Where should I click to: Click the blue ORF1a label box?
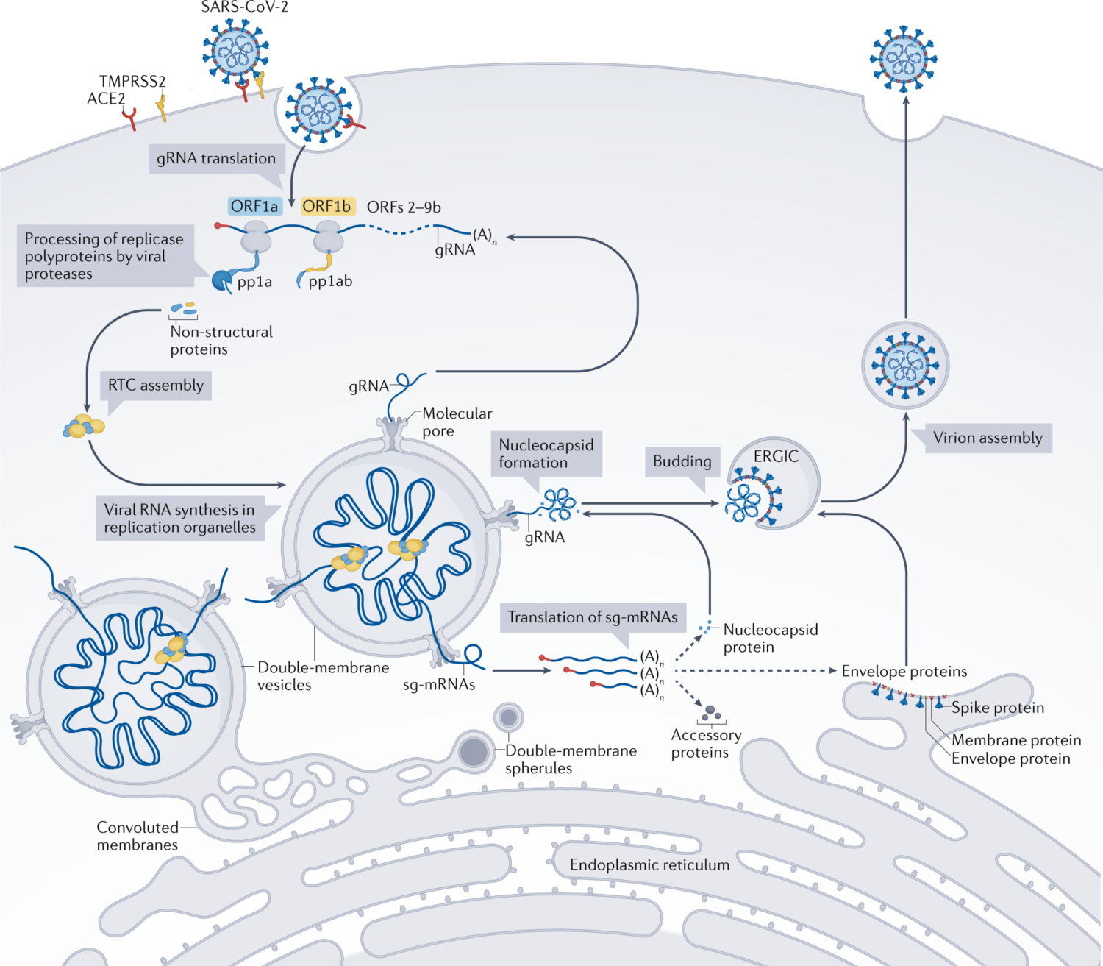254,207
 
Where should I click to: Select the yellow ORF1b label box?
327,207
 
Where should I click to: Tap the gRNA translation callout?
215,158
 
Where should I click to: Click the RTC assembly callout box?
156,385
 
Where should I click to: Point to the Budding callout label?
682,461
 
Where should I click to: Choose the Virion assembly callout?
988,438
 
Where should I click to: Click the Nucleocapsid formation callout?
546,453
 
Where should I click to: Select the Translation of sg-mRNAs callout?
593,617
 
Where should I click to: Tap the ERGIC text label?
776,456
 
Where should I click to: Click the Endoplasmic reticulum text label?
649,864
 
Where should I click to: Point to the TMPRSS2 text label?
132,81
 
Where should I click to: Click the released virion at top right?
904,58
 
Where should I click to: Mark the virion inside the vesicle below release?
905,365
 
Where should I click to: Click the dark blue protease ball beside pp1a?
221,280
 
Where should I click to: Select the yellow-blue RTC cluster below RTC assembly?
84,426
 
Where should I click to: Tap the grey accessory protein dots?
710,713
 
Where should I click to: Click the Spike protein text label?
998,708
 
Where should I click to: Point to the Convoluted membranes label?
138,836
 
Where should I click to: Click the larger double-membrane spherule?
474,751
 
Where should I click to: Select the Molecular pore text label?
457,422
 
